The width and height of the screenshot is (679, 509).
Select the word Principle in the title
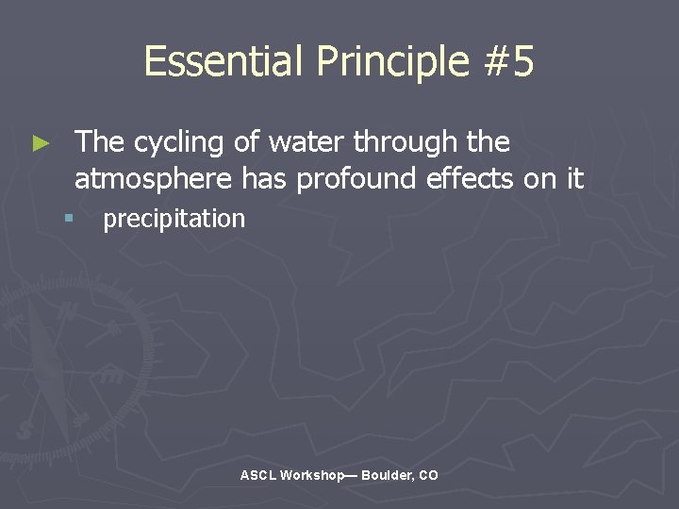pyautogui.click(x=391, y=62)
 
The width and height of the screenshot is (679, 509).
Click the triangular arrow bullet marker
pyautogui.click(x=40, y=143)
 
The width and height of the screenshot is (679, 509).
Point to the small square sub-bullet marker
pyautogui.click(x=69, y=219)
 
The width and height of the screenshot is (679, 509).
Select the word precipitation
pyautogui.click(x=174, y=220)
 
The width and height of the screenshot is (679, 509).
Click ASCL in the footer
pyautogui.click(x=257, y=476)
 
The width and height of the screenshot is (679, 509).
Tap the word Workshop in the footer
pyautogui.click(x=313, y=476)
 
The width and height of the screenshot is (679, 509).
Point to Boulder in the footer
pyautogui.click(x=386, y=476)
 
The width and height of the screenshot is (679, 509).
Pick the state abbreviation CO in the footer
pyautogui.click(x=428, y=476)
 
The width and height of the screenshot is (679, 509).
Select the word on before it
pyautogui.click(x=540, y=178)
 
